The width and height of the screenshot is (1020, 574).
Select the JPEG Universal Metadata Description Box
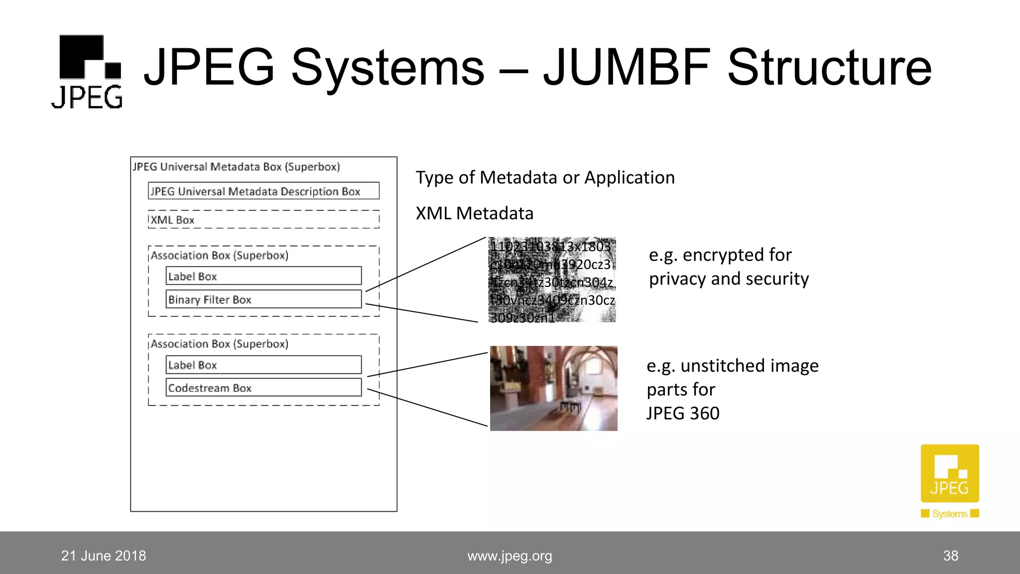coord(263,191)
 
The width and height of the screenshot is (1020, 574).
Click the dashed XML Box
coord(263,220)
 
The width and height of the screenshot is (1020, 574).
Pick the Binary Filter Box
coord(263,299)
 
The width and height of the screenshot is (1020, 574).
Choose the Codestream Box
coord(263,388)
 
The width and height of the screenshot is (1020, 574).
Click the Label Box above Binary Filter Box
coord(263,276)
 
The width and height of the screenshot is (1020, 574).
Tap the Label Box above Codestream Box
coord(263,365)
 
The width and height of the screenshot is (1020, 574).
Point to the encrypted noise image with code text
coord(552,281)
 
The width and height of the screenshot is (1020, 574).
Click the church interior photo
coord(553,388)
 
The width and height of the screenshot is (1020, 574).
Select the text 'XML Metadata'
coord(474,213)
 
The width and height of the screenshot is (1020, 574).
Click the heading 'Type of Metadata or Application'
coord(545,177)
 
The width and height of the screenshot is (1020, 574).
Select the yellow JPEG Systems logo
coord(950,481)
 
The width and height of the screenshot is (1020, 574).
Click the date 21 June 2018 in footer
coord(104,556)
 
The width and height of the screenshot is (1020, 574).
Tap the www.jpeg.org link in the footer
coord(510,556)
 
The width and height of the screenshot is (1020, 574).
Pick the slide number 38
coord(950,556)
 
